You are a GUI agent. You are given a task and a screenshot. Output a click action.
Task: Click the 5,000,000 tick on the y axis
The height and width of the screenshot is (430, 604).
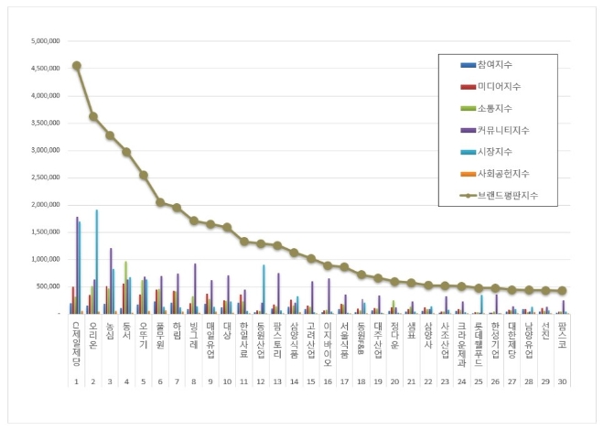[x=45, y=41]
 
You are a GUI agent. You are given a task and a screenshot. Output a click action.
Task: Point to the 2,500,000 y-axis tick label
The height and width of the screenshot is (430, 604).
[x=45, y=177]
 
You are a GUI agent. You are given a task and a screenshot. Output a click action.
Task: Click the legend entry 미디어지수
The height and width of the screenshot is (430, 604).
[x=493, y=86]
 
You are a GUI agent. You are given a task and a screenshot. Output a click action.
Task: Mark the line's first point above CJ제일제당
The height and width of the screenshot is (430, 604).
[x=77, y=66]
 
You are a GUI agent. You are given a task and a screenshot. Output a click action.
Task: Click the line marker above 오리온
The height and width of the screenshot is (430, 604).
[x=93, y=116]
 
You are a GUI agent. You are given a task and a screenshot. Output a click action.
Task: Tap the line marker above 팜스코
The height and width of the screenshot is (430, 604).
[x=562, y=291]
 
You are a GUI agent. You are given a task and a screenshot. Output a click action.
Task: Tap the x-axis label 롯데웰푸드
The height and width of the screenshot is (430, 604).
[x=479, y=339]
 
